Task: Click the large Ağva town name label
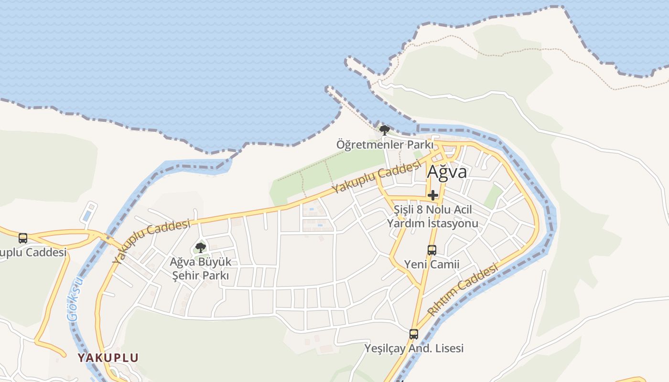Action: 447,171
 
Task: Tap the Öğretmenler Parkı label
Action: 385,144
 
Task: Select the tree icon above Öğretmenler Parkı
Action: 384,129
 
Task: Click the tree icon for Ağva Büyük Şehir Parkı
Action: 201,247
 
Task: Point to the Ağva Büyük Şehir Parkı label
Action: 201,269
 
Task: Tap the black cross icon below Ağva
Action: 433,195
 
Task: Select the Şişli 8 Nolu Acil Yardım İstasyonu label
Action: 432,216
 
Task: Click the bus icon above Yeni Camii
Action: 432,250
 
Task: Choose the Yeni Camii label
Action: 432,264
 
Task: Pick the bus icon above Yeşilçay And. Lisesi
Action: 414,334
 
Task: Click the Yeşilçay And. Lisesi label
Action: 414,348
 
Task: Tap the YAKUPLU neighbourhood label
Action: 108,358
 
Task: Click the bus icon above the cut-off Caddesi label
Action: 22,238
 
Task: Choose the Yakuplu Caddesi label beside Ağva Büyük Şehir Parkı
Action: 151,241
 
